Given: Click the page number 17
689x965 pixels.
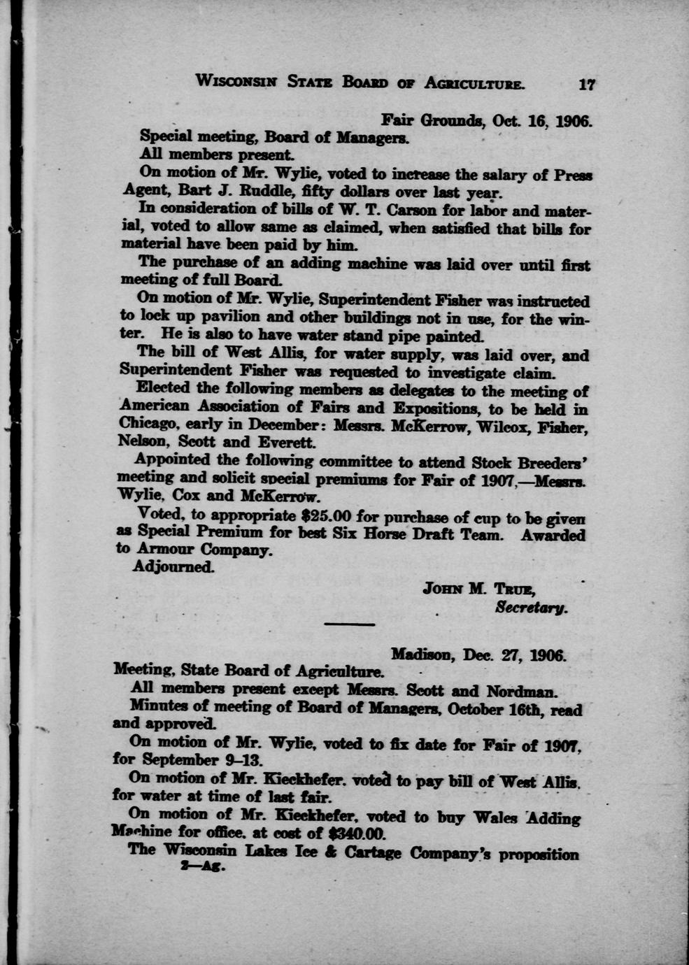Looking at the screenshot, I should coord(586,85).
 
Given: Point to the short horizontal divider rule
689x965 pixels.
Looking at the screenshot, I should coord(350,622).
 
